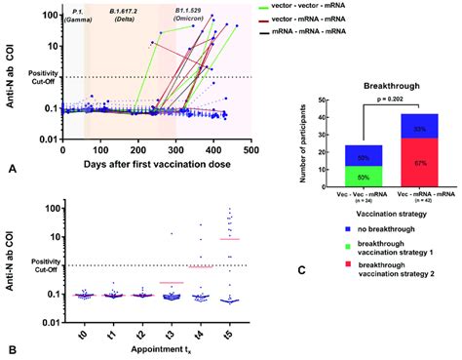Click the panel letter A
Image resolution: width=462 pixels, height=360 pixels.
click(x=12, y=169)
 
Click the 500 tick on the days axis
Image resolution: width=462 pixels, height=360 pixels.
click(x=251, y=124)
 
